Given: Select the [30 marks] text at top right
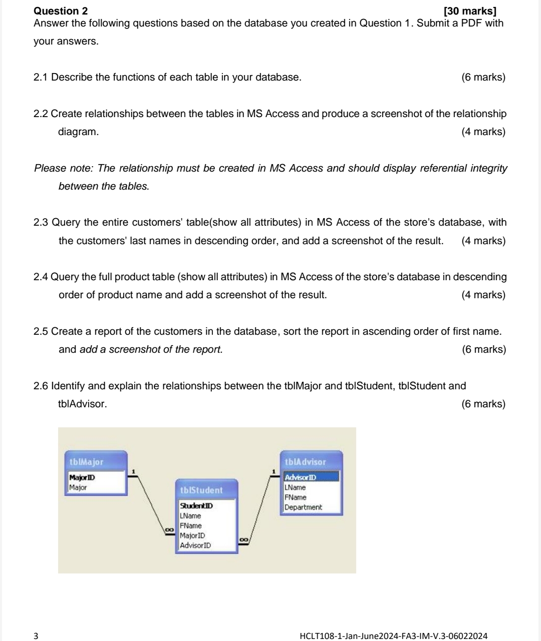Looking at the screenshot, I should [x=470, y=11].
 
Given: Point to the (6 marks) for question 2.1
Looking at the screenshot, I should [x=483, y=77].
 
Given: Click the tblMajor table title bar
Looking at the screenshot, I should [x=96, y=461].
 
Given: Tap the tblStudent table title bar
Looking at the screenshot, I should [x=206, y=490].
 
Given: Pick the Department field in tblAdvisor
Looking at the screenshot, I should [x=303, y=507].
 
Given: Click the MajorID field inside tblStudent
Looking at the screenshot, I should [x=192, y=535].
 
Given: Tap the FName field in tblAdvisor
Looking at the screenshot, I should [x=295, y=497].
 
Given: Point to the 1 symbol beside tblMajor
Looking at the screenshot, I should [x=133, y=471].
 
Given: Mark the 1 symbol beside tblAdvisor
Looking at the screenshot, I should [x=274, y=471].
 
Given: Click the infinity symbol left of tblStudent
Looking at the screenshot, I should [x=169, y=529].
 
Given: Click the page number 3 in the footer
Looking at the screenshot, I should [x=36, y=636].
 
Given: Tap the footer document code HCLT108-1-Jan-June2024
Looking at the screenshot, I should [x=393, y=636].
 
